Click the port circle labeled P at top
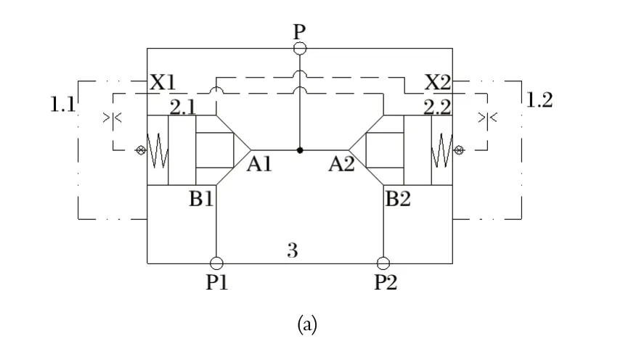[x=300, y=48]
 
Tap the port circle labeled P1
[x=216, y=263]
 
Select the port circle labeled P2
[x=383, y=263]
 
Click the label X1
[x=163, y=82]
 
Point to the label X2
[x=437, y=82]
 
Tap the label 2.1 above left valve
[x=183, y=107]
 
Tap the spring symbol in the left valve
[x=157, y=151]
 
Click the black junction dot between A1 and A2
[x=300, y=151]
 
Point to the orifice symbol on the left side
[x=113, y=116]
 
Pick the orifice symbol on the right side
[x=486, y=116]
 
